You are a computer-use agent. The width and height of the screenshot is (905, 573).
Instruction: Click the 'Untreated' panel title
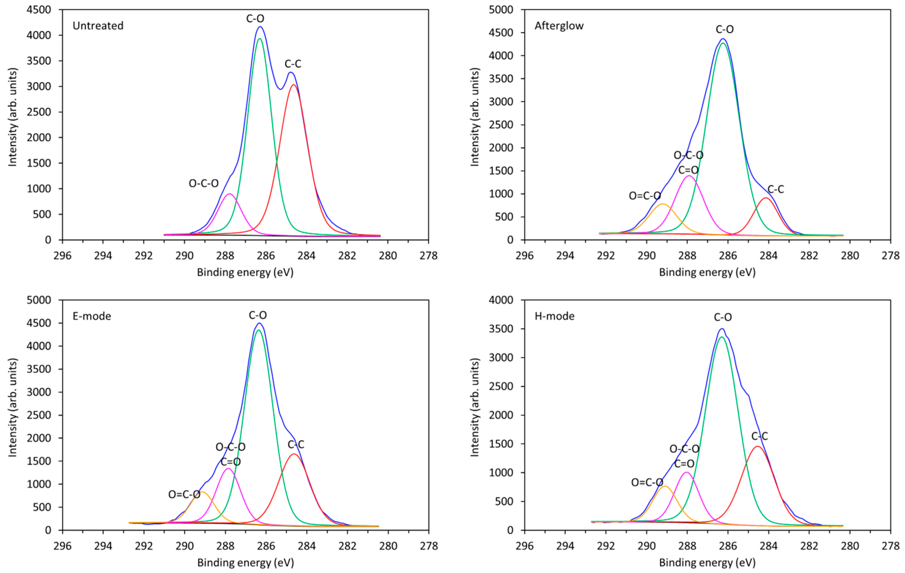[98, 26]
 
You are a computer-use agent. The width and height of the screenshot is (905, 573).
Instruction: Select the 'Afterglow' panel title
[559, 26]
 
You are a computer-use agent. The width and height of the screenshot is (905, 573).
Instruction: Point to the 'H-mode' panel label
[554, 316]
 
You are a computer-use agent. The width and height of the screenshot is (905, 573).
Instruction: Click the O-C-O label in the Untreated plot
[203, 183]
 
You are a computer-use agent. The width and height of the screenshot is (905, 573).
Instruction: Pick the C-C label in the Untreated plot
[293, 64]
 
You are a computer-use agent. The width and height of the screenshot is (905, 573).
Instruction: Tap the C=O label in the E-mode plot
[230, 462]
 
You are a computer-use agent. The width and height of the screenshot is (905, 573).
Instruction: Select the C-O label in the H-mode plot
[723, 317]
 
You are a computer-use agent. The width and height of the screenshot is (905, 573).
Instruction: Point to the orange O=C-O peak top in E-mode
[202, 492]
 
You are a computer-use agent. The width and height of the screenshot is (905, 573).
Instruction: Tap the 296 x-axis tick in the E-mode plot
[62, 546]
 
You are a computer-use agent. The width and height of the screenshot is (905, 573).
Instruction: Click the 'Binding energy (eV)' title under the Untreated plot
[245, 272]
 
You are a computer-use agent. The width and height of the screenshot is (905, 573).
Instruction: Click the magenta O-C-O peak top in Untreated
[229, 194]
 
